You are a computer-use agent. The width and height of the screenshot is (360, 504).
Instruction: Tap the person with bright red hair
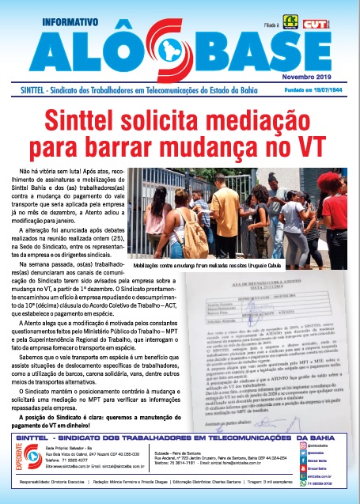pos(341,202)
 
